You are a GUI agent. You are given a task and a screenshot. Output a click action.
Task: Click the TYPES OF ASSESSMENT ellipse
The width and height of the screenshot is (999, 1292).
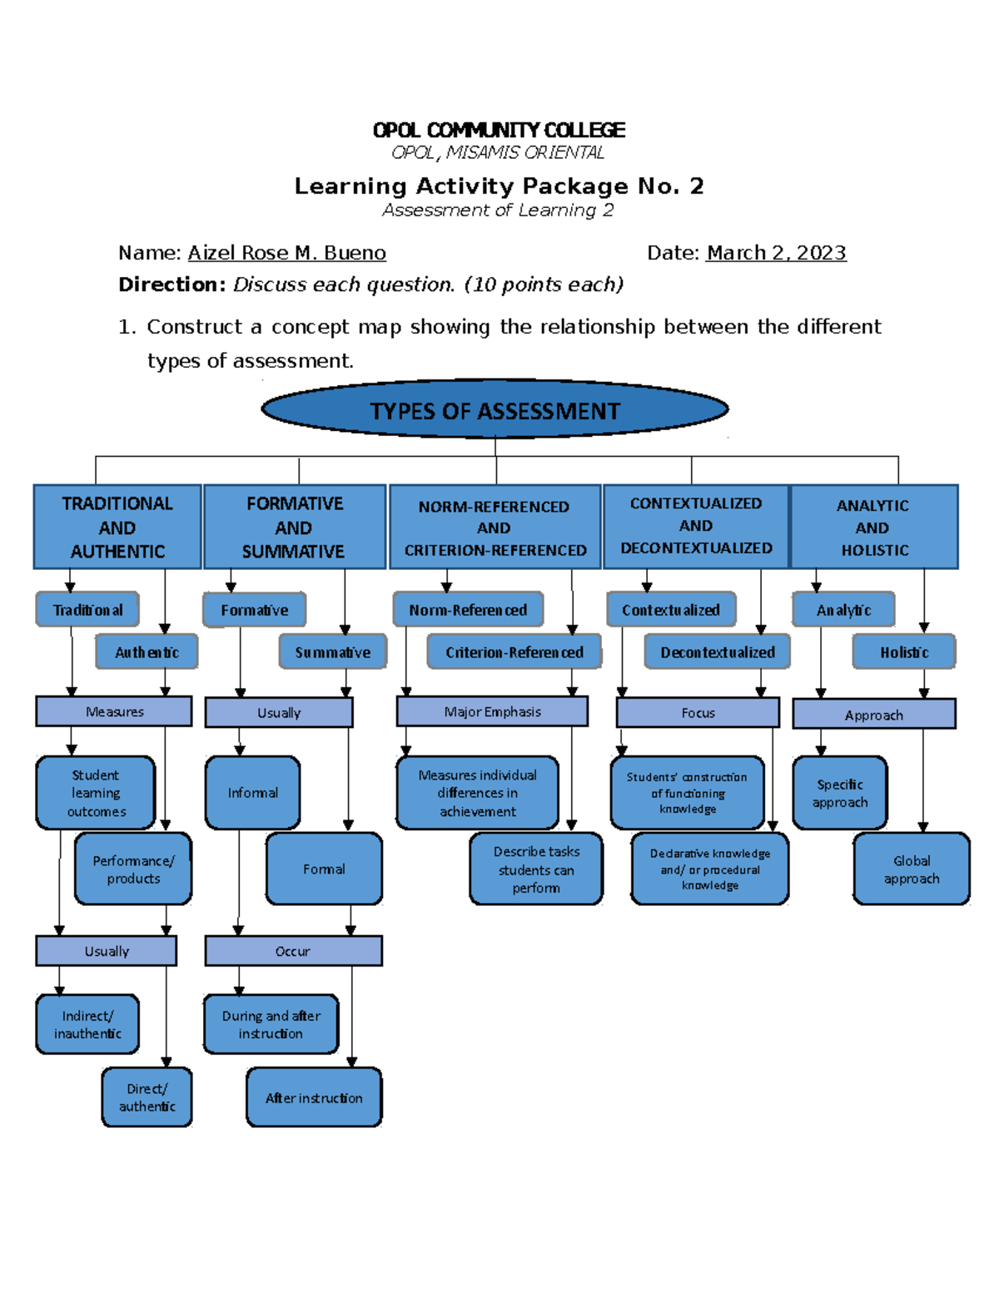(495, 409)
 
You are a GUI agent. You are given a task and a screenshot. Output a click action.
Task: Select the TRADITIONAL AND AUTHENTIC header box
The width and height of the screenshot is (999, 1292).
(117, 527)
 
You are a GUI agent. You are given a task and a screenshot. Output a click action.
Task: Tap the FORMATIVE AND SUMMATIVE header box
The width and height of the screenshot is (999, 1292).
(294, 527)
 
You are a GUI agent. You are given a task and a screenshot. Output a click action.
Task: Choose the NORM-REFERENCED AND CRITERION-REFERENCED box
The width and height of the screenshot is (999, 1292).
(495, 527)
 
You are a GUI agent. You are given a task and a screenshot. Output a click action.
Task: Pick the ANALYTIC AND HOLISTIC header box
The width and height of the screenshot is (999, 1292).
(873, 527)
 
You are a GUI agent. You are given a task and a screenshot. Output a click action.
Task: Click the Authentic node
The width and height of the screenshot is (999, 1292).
(147, 652)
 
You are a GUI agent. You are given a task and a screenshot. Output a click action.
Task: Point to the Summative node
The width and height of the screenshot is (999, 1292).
(332, 652)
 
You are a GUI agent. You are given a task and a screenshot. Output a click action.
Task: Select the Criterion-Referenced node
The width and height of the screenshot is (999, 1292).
(514, 652)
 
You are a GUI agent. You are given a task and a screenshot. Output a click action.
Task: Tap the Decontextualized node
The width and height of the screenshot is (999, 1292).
(717, 652)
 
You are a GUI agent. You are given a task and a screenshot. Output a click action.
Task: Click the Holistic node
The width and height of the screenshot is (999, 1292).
(903, 652)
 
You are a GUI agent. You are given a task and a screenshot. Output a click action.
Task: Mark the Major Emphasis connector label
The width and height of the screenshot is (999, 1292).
(492, 712)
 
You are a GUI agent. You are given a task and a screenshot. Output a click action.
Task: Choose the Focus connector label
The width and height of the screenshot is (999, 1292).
(698, 713)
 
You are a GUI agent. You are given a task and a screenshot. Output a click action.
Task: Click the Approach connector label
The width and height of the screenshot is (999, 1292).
(873, 715)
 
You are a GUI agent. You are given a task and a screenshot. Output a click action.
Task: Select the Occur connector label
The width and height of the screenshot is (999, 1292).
(293, 951)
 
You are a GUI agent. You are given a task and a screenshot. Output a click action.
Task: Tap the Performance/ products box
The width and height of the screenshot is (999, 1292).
(133, 869)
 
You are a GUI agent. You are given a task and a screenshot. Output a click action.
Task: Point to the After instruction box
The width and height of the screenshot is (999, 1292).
(314, 1098)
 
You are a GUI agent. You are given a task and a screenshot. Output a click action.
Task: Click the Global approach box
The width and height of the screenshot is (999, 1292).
(912, 869)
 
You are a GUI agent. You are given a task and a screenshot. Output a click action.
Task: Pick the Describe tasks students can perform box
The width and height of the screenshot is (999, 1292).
(536, 869)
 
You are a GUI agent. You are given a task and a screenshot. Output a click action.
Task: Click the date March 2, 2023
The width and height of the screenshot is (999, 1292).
(776, 253)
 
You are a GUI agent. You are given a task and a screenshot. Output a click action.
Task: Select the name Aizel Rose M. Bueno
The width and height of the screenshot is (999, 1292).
(286, 253)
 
